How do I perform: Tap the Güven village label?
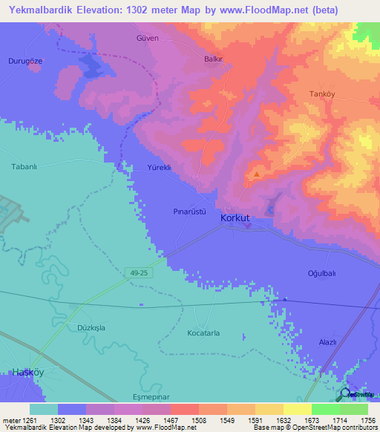pos(147,38)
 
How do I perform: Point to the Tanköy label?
pos(323,94)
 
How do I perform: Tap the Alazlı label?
pos(327,341)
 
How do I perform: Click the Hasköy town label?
pos(27,371)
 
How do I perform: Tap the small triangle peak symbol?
pos(257,175)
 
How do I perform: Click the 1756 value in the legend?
pos(367,419)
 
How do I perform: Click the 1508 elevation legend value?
pos(198,419)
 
